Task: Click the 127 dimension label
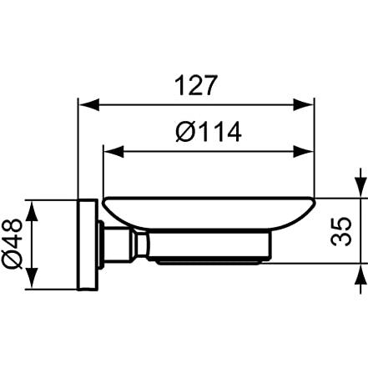(195, 85)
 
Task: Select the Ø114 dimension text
(209, 132)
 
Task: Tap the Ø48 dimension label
(12, 244)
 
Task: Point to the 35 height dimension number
(341, 231)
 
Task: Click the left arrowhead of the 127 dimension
(89, 105)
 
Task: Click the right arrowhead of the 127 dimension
(304, 105)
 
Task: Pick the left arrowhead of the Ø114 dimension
(113, 152)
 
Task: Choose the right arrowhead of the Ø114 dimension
(304, 152)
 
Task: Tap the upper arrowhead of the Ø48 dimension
(33, 211)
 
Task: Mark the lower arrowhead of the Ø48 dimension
(33, 278)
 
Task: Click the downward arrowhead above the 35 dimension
(360, 188)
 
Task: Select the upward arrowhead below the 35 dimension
(360, 274)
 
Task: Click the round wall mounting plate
(88, 244)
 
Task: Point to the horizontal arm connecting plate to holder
(118, 244)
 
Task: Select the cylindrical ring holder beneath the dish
(209, 246)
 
